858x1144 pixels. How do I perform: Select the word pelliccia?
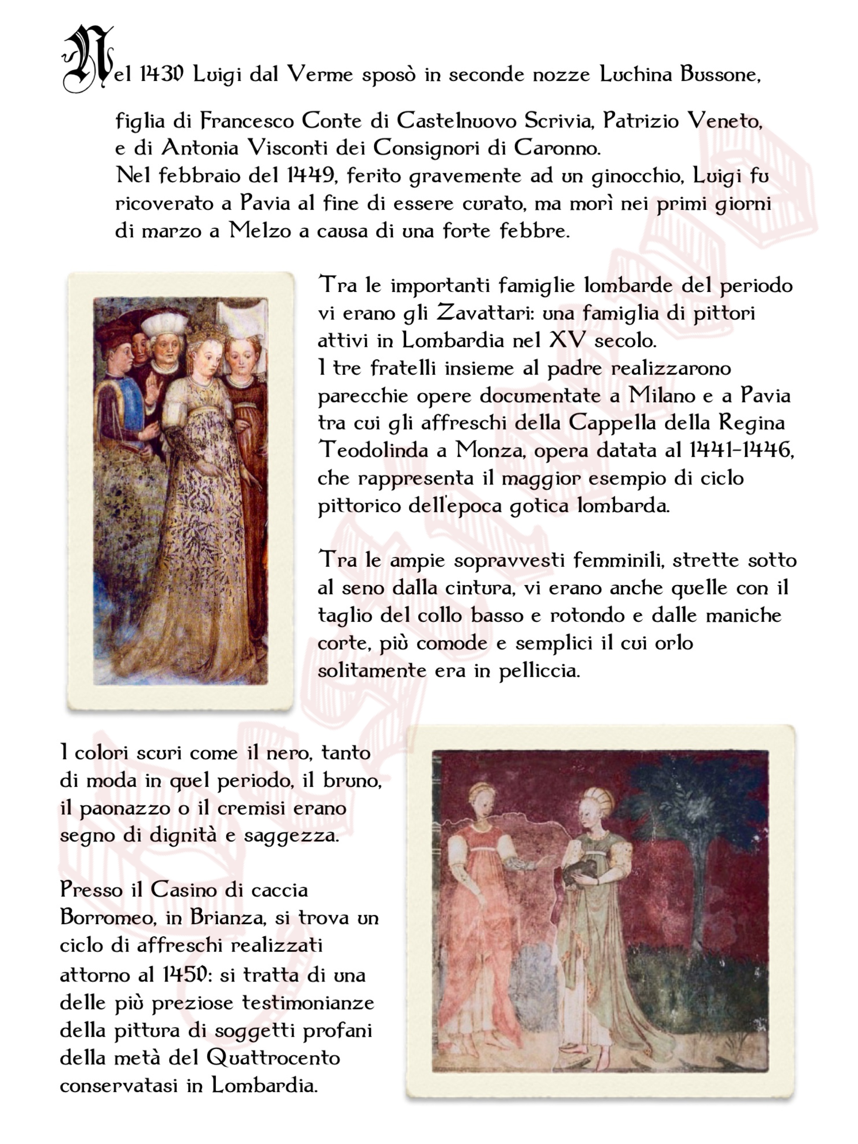pyautogui.click(x=538, y=671)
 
